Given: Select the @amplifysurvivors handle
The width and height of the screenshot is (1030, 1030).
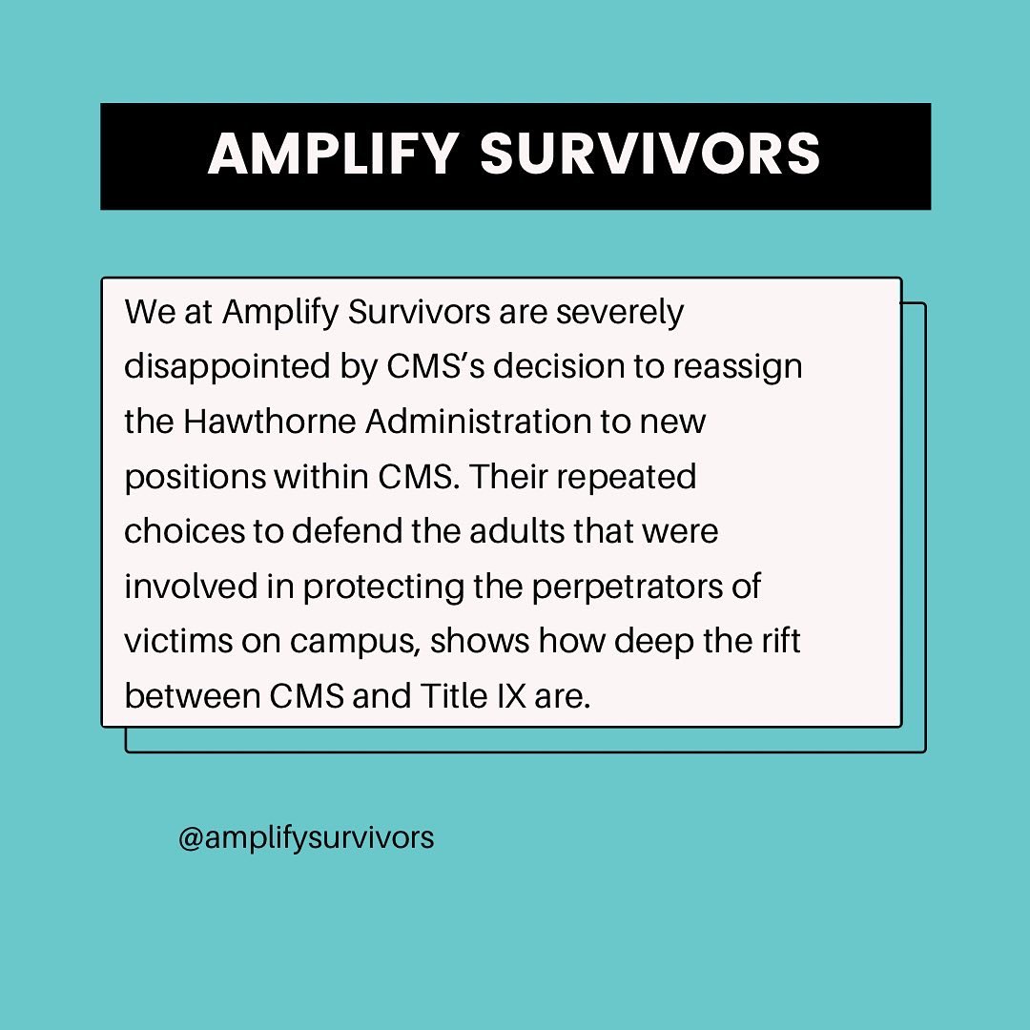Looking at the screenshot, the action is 305,837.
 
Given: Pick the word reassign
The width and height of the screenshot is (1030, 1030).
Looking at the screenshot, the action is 740,368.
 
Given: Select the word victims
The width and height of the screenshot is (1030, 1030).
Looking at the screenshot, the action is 175,641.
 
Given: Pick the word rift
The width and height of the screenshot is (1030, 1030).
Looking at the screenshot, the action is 782,641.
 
